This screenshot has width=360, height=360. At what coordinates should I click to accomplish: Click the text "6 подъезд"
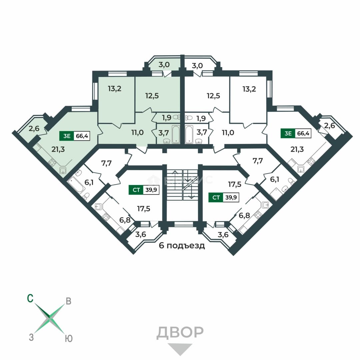[182, 246]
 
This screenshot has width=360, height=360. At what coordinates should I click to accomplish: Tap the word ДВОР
[180, 333]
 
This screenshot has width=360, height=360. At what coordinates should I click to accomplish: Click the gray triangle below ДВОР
[180, 349]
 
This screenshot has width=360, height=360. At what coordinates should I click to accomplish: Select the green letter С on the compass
[30, 298]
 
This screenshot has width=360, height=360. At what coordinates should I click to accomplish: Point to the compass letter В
[68, 301]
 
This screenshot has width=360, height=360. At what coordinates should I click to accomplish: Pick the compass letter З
[31, 337]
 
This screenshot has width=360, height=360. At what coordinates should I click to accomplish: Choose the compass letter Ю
[69, 338]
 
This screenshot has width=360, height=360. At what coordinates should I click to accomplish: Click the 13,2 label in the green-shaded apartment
[115, 88]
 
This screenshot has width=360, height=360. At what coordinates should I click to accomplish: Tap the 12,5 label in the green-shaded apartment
[152, 96]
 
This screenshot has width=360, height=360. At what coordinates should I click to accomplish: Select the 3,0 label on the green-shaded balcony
[164, 65]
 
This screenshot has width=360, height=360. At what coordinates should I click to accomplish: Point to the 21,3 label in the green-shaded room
[58, 149]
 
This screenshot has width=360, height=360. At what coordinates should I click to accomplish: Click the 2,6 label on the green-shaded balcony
[34, 128]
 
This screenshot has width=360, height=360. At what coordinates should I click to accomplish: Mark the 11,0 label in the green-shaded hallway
[138, 132]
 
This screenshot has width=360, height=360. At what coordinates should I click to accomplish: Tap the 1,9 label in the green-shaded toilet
[167, 118]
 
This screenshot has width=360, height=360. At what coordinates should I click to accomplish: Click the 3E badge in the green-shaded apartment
[67, 136]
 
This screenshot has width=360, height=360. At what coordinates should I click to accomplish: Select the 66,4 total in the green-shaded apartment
[82, 136]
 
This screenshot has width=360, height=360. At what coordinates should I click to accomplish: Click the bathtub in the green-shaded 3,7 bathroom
[176, 134]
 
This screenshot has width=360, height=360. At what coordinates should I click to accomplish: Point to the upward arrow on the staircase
[175, 180]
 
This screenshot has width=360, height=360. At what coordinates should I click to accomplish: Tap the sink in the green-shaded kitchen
[63, 171]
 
